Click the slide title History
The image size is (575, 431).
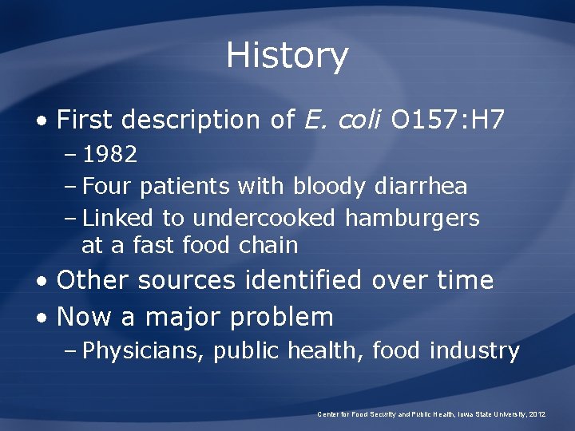click(x=287, y=56)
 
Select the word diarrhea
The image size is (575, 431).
click(x=421, y=187)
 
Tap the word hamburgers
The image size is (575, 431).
click(x=412, y=218)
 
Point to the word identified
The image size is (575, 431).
click(x=311, y=280)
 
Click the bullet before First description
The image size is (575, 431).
click(x=42, y=121)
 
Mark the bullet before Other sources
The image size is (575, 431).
click(x=42, y=281)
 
